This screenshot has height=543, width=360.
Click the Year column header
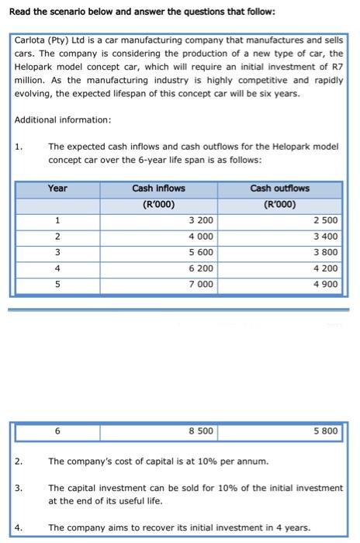tap(57, 188)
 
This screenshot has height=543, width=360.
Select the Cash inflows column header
tap(158, 188)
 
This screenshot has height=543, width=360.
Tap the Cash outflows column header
tap(279, 188)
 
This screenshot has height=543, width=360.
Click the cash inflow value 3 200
tap(202, 220)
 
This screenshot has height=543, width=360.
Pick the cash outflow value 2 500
tap(327, 220)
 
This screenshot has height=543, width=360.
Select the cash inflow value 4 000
tap(202, 237)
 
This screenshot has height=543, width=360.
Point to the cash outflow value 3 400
tap(327, 237)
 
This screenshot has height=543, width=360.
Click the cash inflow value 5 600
tap(202, 253)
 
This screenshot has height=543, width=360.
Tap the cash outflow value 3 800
tap(327, 253)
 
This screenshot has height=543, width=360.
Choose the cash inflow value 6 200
tap(202, 269)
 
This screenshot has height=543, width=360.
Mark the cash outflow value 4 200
tap(327, 269)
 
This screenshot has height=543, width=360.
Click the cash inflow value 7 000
tap(202, 285)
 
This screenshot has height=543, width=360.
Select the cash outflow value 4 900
tap(327, 285)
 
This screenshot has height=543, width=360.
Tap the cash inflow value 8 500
tap(202, 430)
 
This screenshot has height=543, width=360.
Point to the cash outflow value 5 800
tap(327, 430)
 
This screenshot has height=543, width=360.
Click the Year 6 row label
tap(57, 430)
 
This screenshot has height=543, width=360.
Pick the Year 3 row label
tap(57, 253)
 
